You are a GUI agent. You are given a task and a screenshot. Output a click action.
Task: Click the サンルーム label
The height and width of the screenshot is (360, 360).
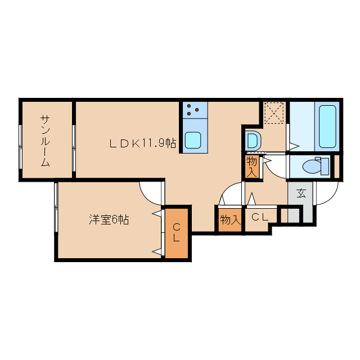[46, 141]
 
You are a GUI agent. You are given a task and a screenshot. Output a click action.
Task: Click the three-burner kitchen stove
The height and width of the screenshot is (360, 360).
[195, 109]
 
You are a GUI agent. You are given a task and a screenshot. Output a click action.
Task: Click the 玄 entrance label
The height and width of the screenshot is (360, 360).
[301, 193]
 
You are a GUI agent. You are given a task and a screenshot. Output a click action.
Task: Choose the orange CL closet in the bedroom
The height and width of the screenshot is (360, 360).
[176, 233]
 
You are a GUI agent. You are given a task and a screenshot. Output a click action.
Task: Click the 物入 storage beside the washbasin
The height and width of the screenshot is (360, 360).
[251, 167]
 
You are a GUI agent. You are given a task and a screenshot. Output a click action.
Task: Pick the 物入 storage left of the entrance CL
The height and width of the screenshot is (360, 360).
[229, 219]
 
